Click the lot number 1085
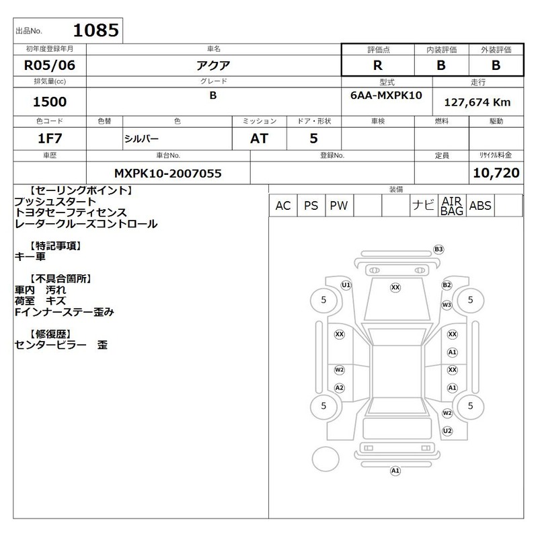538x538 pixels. click(x=96, y=30)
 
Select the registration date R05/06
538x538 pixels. click(x=49, y=65)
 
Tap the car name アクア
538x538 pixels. click(x=213, y=65)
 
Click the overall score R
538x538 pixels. click(x=378, y=65)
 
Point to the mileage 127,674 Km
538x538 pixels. click(x=477, y=102)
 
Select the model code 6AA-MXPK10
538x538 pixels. click(x=386, y=95)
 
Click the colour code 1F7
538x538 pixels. click(x=50, y=139)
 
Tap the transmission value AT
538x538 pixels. click(x=259, y=139)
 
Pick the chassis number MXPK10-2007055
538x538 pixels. click(x=167, y=174)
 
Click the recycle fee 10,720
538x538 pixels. click(x=496, y=173)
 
